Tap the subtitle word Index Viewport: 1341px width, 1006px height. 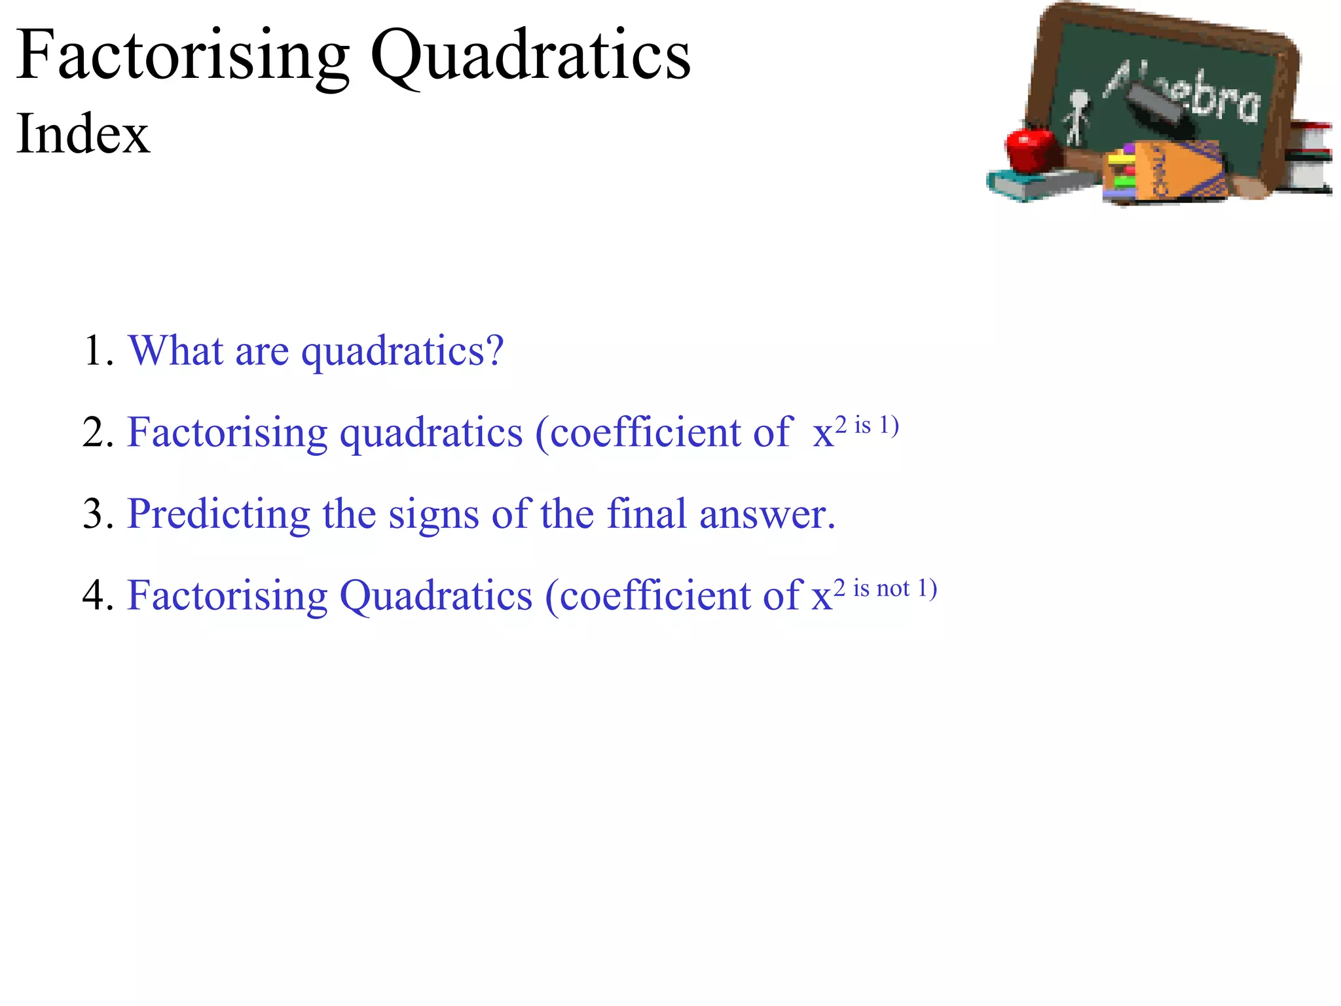83,134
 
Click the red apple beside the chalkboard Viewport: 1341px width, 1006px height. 1031,149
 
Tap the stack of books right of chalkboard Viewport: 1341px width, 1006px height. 1310,157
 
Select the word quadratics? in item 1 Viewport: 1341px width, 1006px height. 402,352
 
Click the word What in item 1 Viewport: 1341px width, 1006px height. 175,351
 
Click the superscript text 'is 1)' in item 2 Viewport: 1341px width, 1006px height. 876,426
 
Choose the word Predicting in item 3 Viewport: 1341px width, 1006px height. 218,515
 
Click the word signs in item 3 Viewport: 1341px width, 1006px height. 433,515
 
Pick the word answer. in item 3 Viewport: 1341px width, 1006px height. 767,515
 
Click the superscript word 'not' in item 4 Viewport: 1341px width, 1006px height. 893,588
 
